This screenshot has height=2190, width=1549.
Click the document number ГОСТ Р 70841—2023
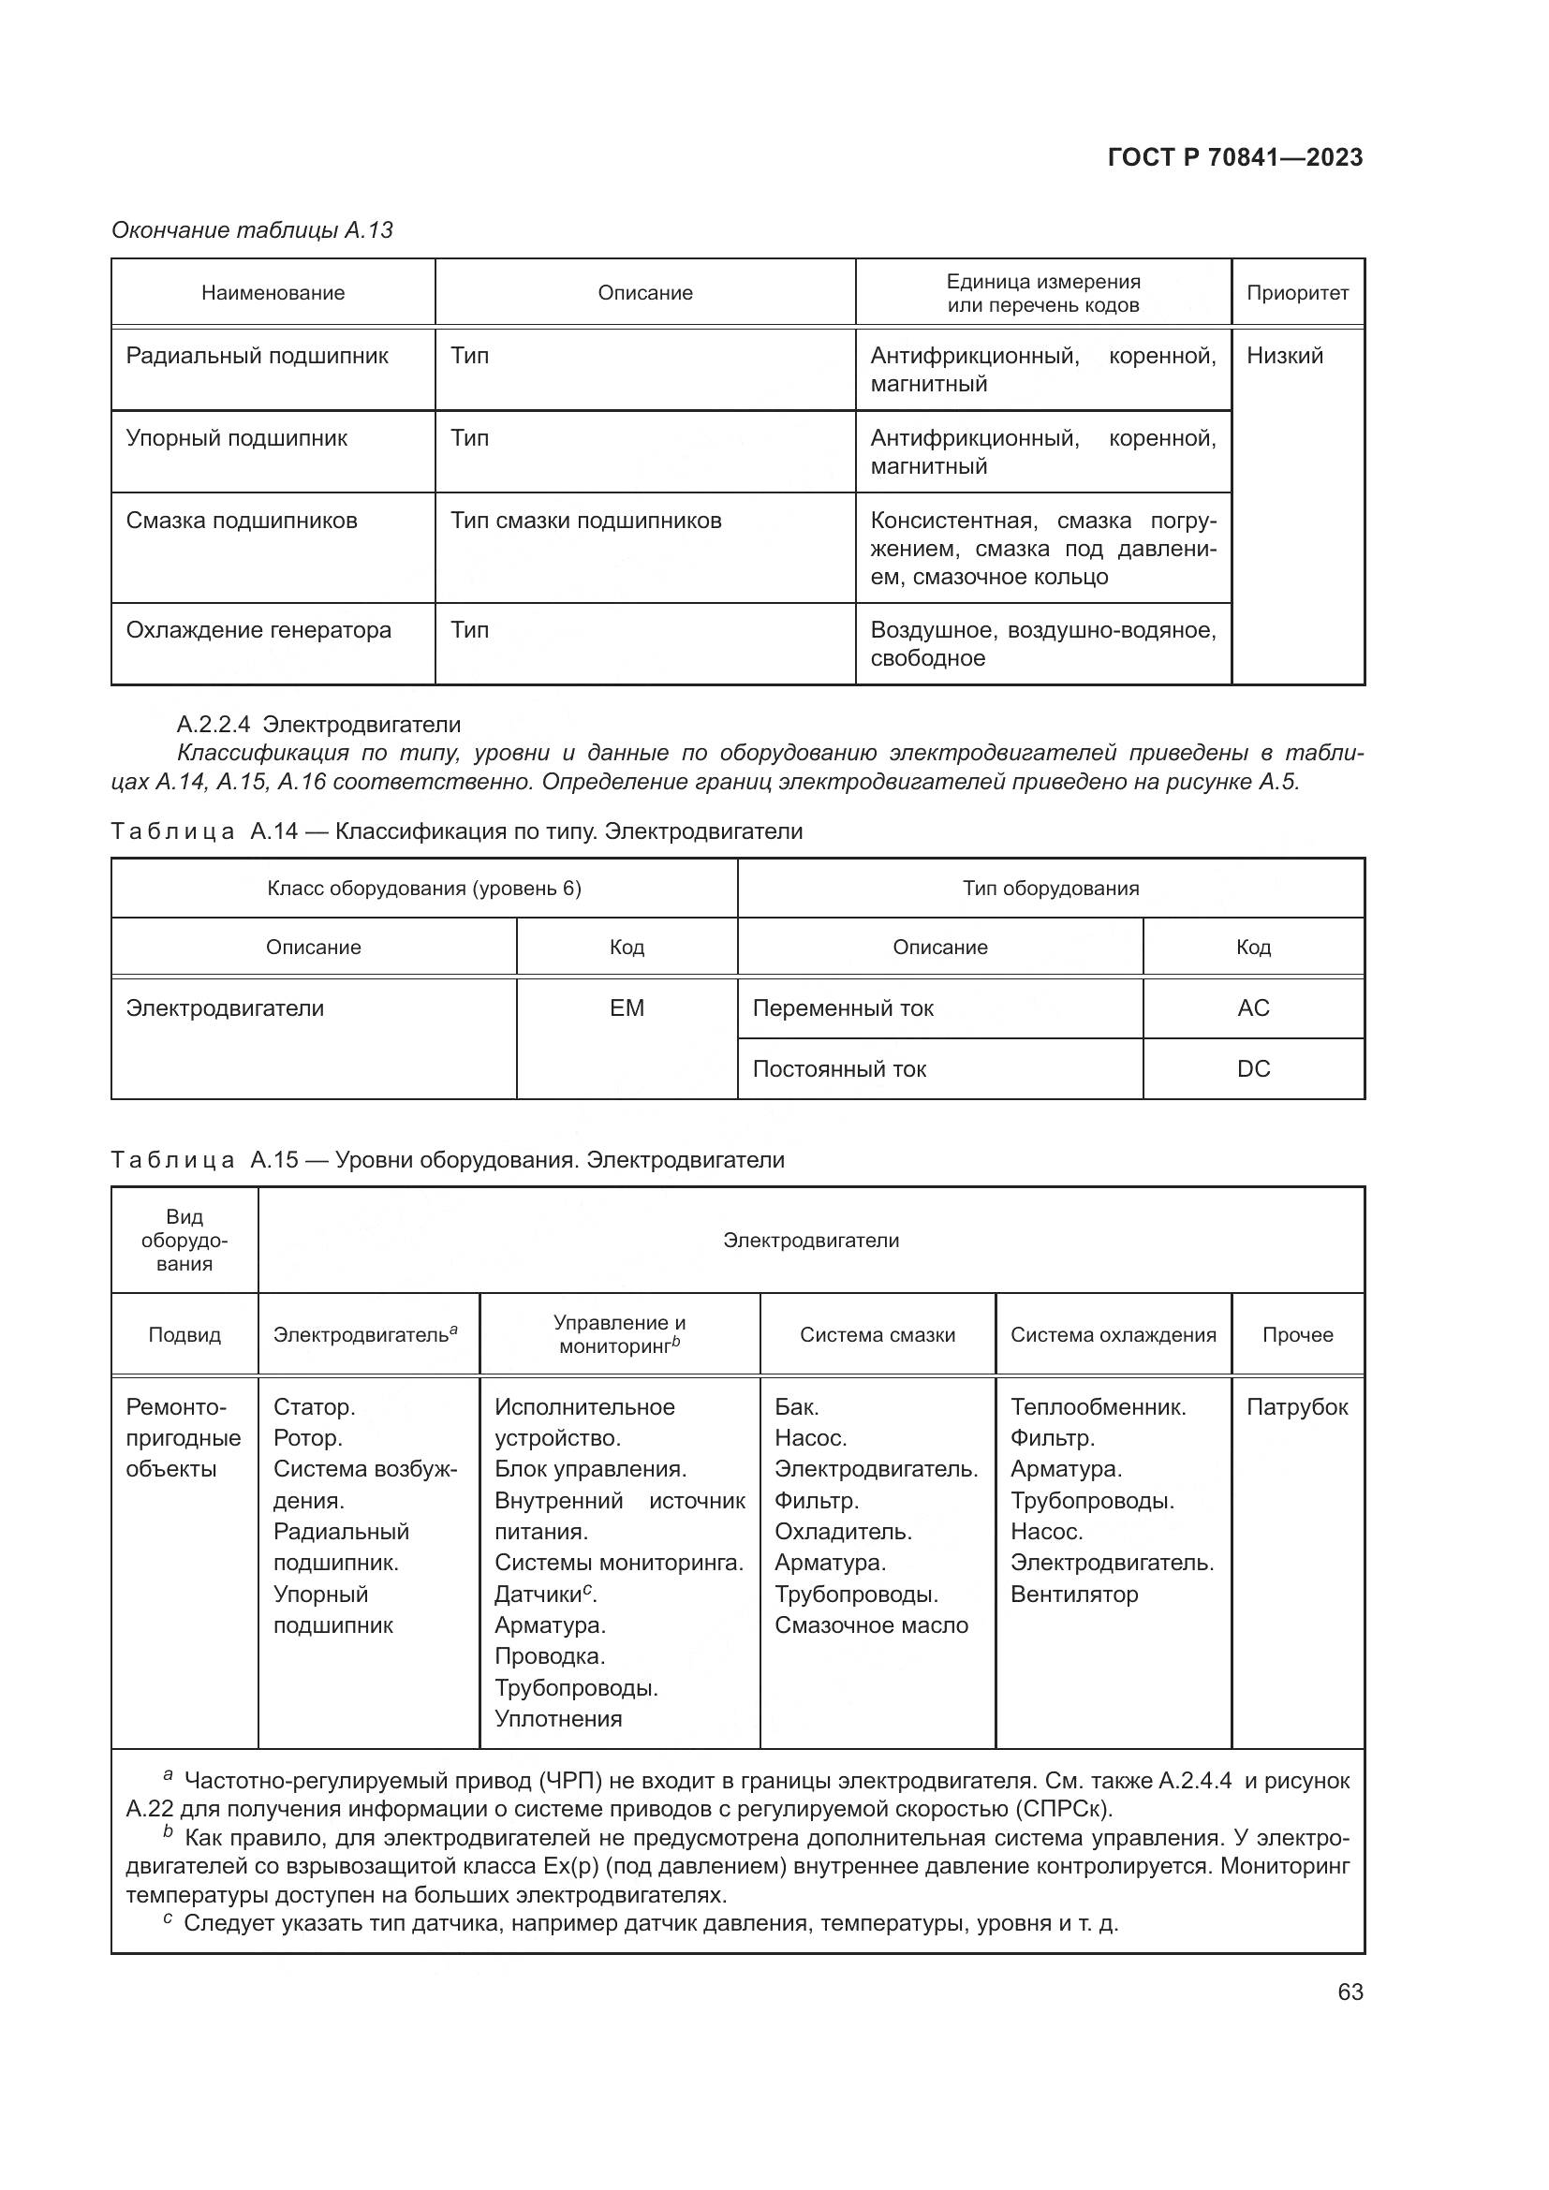click(x=1234, y=157)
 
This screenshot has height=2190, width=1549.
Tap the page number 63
click(x=1350, y=1992)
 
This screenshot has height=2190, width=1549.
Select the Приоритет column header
click(x=1297, y=293)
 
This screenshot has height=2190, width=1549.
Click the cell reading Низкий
click(x=1284, y=356)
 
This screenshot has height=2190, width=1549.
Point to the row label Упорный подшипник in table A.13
click(x=237, y=438)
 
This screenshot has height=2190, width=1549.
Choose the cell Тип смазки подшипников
click(x=585, y=521)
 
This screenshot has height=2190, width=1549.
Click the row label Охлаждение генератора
click(x=258, y=629)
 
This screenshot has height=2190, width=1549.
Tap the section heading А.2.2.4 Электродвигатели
click(x=318, y=724)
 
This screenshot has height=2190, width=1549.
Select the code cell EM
click(x=627, y=1008)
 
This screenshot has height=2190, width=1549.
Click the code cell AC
click(x=1252, y=1008)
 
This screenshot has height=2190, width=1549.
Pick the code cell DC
click(x=1252, y=1068)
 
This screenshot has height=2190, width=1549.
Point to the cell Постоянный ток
click(x=839, y=1068)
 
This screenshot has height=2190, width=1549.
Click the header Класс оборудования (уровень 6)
click(x=423, y=888)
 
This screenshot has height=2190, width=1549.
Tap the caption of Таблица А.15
click(x=448, y=1160)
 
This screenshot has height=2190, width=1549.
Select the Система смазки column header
click(x=877, y=1334)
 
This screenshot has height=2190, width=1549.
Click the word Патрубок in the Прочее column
click(x=1296, y=1407)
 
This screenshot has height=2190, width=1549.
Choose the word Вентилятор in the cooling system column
click(x=1074, y=1594)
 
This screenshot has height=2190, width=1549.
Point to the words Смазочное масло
click(x=871, y=1625)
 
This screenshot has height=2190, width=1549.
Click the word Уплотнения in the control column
click(x=558, y=1719)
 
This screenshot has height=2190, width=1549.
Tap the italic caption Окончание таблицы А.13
click(x=252, y=230)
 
